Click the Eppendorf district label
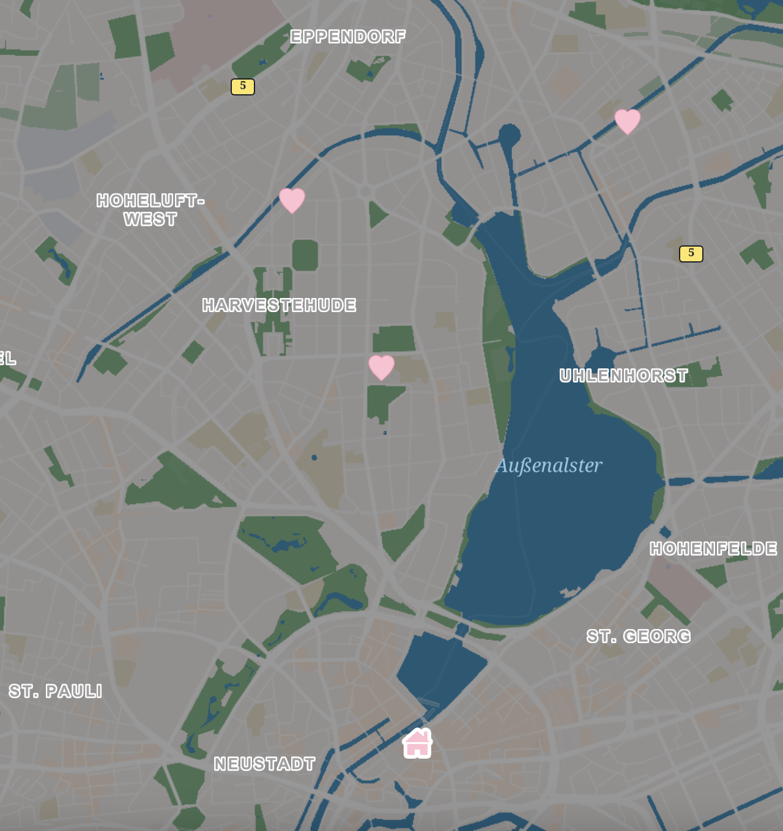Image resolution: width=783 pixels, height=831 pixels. pos(347,37)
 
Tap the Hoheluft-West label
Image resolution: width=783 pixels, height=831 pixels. pos(150,210)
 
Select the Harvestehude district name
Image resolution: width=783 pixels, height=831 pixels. pos(279,305)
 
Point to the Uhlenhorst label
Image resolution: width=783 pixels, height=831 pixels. pos(623,376)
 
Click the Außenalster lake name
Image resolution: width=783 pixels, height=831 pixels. pos(549,466)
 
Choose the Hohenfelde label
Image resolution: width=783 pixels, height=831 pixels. pos(713,548)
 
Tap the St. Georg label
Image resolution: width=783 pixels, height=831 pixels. pos(638,636)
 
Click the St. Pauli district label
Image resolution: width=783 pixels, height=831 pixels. pos(55,691)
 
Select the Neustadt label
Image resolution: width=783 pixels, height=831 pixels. pos(264,764)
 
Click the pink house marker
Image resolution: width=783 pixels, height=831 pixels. pos(417,743)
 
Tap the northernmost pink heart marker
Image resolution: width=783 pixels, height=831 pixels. pos(627,121)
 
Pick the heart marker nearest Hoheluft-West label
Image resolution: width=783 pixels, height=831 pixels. pos(292,200)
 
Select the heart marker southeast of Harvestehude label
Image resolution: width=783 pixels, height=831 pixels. pos(381,367)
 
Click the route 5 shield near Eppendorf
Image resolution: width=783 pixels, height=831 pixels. pos(243,86)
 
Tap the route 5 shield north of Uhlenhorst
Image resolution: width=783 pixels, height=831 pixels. pos(691,253)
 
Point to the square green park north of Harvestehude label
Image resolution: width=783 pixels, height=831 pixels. pos(305,255)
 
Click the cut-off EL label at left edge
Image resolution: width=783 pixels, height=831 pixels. pos(7,358)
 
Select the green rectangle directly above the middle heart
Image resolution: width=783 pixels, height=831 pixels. pos(394,338)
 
